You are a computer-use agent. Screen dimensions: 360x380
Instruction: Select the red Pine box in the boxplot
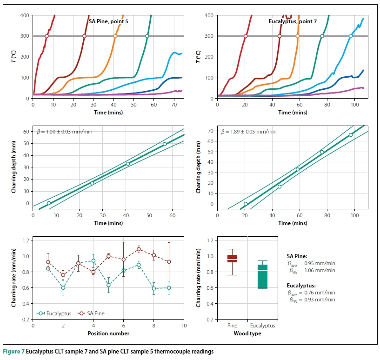click(232, 259)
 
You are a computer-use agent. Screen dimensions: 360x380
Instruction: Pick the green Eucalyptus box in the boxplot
click(262, 276)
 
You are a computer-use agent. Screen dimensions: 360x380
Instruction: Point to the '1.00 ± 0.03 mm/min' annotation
click(65, 132)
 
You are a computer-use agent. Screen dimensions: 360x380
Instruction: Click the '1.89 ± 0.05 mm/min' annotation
click(250, 132)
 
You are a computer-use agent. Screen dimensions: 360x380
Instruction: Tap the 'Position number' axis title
click(108, 333)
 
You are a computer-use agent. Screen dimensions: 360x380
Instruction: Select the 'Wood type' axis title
click(247, 333)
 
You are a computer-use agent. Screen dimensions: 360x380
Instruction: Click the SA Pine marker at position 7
click(139, 249)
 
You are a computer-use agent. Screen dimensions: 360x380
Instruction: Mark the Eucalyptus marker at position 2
click(63, 287)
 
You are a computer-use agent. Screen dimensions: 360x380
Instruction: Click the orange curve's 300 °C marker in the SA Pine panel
click(115, 36)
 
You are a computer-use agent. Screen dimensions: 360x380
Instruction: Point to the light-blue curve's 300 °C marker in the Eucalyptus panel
click(351, 36)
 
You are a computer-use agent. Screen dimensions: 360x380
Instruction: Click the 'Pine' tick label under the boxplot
click(232, 326)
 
